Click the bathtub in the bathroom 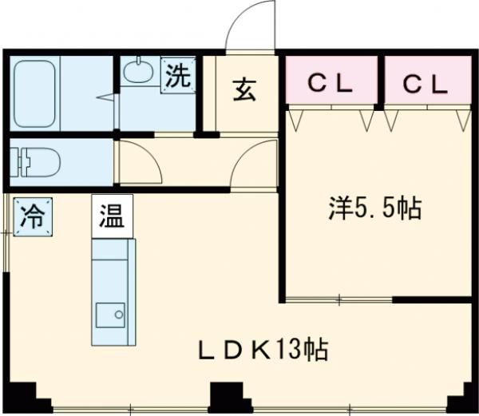[x=35, y=93]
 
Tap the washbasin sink [x=138, y=71]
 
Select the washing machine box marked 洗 [x=178, y=75]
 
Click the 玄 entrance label [x=243, y=90]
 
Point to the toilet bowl [x=35, y=162]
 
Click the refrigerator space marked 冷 [x=33, y=217]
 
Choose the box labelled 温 [x=112, y=216]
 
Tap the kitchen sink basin [x=110, y=315]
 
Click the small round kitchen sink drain [x=118, y=315]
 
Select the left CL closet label [x=330, y=83]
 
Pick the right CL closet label [x=425, y=84]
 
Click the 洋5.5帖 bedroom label [x=375, y=208]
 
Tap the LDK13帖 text [x=263, y=350]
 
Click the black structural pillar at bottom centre [x=231, y=398]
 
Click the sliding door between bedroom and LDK [x=339, y=299]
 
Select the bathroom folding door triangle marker [x=107, y=97]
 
